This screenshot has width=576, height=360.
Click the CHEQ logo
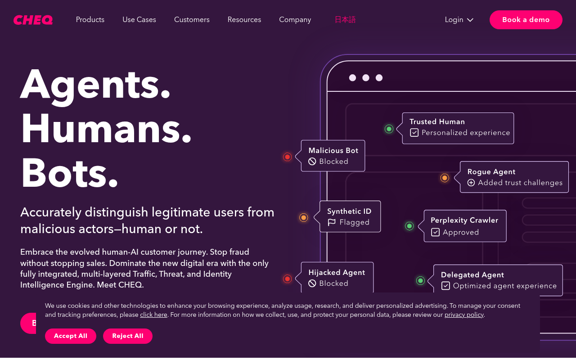[x=33, y=20]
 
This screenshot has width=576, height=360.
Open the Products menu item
[x=90, y=20]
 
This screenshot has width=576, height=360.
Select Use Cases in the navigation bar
[x=139, y=20]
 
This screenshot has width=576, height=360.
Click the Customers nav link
[x=192, y=20]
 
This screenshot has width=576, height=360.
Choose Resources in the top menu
[x=244, y=20]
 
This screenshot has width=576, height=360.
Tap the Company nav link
[x=295, y=20]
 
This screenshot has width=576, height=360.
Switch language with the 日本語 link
[x=345, y=20]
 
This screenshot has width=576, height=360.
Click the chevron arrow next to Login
[x=470, y=20]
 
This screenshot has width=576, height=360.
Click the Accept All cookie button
[x=71, y=336]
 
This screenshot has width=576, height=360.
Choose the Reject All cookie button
[x=128, y=336]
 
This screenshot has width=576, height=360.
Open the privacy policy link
[x=464, y=315]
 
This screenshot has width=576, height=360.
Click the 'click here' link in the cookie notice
[x=153, y=315]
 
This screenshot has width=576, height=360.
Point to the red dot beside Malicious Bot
[x=288, y=157]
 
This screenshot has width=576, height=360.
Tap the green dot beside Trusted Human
[x=389, y=129]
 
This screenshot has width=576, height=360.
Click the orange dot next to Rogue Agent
[x=445, y=178]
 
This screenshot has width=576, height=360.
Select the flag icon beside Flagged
[x=332, y=222]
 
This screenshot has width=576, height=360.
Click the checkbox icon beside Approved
[x=435, y=232]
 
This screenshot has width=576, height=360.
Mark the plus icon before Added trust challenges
[x=471, y=183]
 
